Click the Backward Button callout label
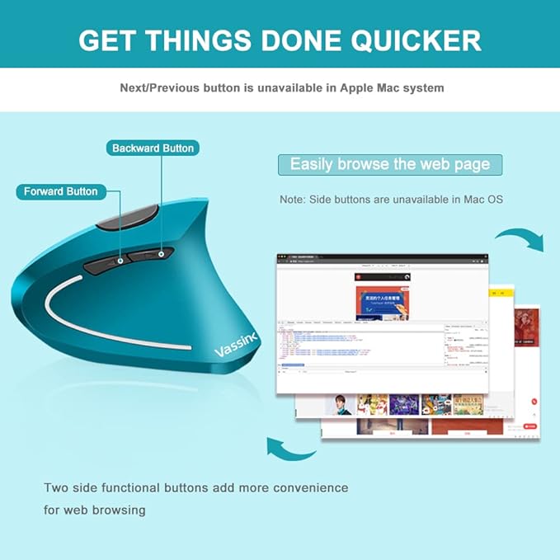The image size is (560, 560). [x=153, y=148]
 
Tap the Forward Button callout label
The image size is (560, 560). [x=60, y=191]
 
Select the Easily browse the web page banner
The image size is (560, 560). [x=389, y=164]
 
